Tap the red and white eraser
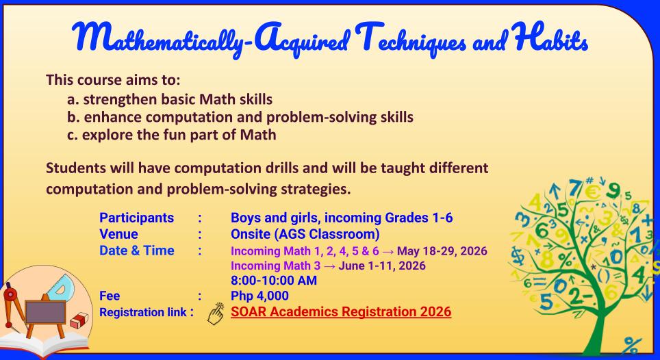pyautogui.click(x=80, y=320)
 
